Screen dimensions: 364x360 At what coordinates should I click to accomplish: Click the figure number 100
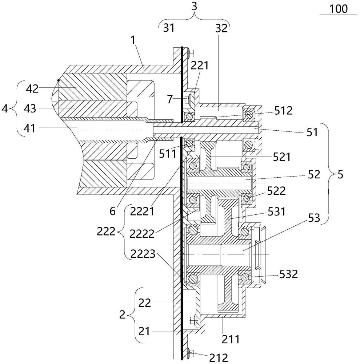click(338, 8)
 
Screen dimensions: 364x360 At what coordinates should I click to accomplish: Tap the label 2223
click(159, 254)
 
